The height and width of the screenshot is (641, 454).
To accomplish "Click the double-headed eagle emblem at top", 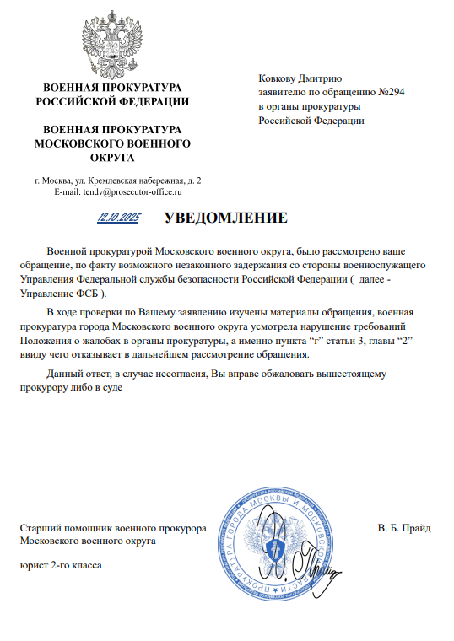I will [x=111, y=41].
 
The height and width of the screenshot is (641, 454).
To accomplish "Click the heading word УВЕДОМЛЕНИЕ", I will [x=226, y=218].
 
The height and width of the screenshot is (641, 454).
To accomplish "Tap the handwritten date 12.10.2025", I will [x=119, y=218].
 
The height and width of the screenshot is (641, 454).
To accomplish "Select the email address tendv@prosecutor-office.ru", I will [x=130, y=192].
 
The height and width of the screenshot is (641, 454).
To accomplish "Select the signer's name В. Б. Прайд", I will [x=404, y=528].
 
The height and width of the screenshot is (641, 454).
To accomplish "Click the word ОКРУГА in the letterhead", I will [x=112, y=158].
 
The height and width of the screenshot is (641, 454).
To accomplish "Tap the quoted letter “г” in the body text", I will [x=315, y=340].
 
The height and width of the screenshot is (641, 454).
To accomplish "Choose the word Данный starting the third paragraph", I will [x=64, y=373].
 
